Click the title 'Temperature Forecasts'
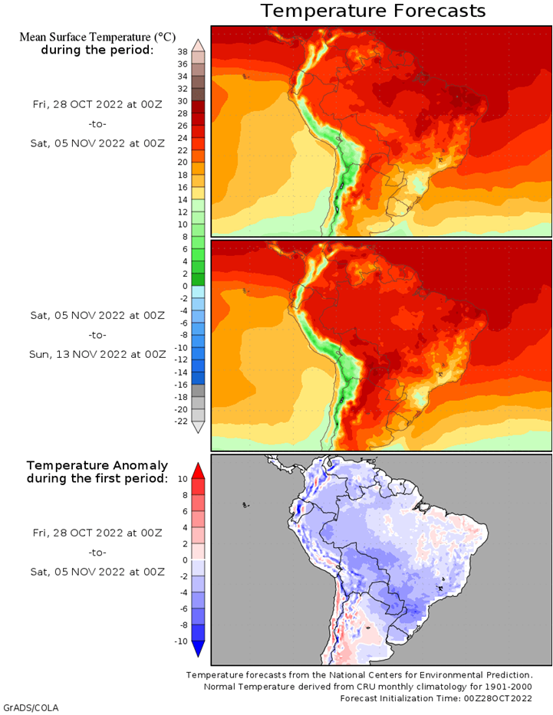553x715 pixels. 373,11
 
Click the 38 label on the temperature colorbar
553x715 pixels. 183,51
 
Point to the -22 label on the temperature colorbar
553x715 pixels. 181,421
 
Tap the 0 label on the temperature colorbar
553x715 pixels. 185,287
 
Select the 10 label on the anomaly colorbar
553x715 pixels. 183,479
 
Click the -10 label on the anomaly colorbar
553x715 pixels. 181,641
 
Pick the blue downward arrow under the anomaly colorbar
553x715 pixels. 198,649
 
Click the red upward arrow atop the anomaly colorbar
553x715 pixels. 198,471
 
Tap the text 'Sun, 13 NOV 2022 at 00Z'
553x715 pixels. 97,354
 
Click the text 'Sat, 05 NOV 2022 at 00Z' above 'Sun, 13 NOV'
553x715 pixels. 97,315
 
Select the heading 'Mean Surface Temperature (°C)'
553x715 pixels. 97,37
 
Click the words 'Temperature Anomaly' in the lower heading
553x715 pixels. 97,466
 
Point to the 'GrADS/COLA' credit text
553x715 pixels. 31,707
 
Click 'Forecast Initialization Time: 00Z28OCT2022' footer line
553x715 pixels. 436,698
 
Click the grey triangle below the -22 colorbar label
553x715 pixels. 198,428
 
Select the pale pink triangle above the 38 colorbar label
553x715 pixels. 198,45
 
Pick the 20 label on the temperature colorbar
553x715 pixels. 183,162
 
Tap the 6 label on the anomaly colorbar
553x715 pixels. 185,511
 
